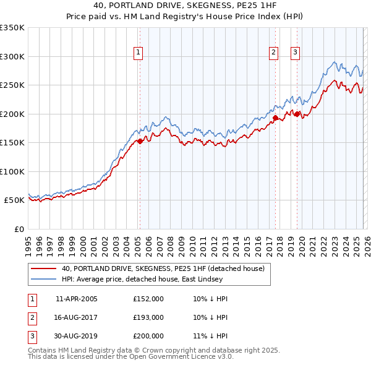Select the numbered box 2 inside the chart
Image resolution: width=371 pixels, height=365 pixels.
tap(273, 53)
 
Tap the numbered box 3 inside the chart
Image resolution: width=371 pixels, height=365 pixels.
tap(296, 53)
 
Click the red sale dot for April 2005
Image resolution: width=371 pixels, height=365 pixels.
tap(140, 141)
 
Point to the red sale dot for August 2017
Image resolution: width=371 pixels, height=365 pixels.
tap(275, 117)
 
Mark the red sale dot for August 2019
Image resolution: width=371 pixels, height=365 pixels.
tap(297, 113)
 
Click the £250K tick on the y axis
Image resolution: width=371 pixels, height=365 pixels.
tap(12, 85)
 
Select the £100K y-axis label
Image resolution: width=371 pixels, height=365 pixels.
tap(12, 171)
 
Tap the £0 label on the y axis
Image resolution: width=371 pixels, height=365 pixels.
tap(18, 229)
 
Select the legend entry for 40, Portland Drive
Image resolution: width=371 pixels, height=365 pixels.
tap(163, 268)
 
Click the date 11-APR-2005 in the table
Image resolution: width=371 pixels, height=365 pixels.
tap(76, 299)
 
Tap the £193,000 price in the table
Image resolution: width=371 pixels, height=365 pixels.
tap(148, 317)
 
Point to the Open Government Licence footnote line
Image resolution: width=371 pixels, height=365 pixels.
tap(131, 357)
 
